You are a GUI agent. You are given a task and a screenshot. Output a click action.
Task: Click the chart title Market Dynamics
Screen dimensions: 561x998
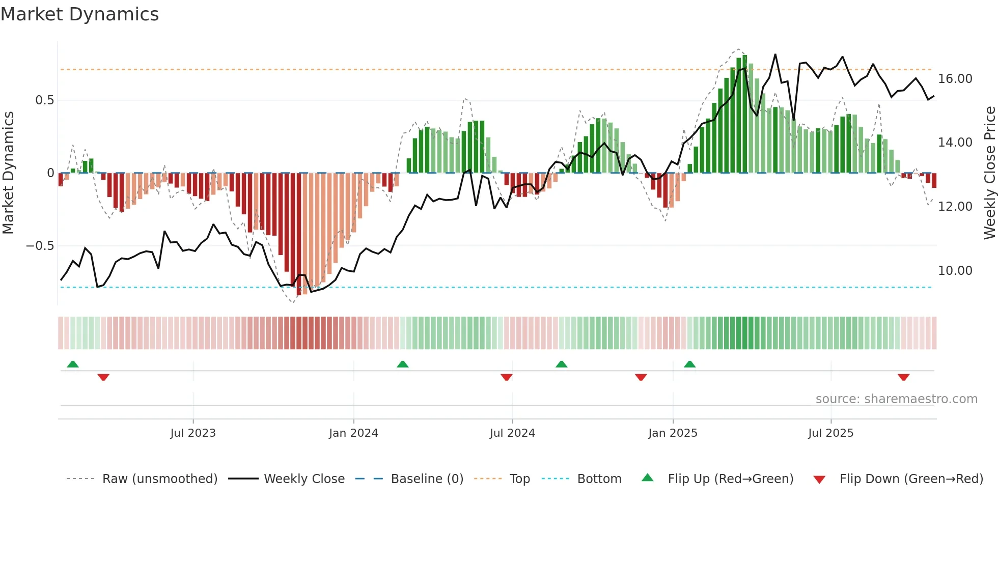(79, 14)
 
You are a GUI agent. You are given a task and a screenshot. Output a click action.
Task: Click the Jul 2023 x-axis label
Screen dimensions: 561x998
(193, 433)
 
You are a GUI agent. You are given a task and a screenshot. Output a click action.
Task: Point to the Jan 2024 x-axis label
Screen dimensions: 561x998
(353, 433)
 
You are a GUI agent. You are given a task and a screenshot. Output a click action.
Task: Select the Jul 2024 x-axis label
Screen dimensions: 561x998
(512, 433)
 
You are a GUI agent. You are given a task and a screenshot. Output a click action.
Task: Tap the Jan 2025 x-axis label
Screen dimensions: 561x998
(673, 433)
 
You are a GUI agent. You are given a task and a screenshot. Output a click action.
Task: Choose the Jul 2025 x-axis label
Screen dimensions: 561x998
(830, 433)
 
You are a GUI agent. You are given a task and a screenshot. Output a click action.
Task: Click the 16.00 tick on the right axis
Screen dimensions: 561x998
(955, 79)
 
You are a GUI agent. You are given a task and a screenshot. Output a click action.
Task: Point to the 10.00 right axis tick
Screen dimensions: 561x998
(955, 271)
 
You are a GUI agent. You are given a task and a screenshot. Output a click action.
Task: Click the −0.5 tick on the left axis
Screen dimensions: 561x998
(40, 246)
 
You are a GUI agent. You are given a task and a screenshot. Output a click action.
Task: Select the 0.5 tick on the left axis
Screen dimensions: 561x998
(44, 100)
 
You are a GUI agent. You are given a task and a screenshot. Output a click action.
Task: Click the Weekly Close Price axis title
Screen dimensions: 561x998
(989, 173)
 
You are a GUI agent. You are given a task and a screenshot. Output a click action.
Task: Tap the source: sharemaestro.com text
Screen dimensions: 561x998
(896, 399)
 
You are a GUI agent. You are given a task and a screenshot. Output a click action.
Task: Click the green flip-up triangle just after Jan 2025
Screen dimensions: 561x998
(689, 364)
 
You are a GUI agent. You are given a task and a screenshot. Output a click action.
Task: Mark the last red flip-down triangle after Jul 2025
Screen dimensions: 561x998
(903, 377)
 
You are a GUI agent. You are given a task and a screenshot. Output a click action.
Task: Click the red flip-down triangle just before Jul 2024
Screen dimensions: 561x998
(506, 377)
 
